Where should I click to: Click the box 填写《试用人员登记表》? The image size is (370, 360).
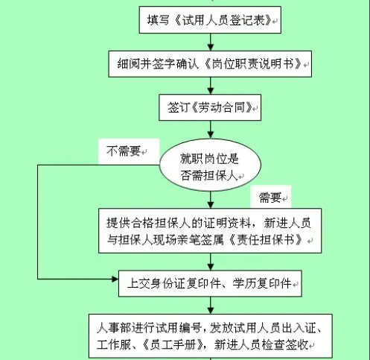(210, 20)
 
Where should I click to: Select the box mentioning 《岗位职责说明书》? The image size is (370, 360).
(210, 64)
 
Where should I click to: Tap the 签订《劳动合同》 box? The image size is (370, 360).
(210, 107)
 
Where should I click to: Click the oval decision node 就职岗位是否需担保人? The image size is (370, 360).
(210, 165)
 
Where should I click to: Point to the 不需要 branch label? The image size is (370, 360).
(124, 151)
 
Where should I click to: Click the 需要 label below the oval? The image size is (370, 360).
(270, 198)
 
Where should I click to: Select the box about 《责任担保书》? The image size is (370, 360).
(210, 231)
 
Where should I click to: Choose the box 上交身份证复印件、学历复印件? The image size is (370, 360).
(210, 283)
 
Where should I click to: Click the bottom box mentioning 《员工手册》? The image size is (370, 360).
(211, 336)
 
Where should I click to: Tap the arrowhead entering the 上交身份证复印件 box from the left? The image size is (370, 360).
(115, 279)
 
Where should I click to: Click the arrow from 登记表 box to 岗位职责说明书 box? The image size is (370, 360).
(211, 42)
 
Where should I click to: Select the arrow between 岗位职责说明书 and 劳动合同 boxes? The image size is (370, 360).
(211, 86)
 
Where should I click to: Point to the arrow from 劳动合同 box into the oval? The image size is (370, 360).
(211, 130)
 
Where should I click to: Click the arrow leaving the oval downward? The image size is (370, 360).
(211, 200)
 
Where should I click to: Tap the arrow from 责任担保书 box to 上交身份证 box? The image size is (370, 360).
(211, 262)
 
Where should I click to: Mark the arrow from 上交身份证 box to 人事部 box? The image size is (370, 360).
(211, 306)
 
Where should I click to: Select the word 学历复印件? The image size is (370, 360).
(262, 283)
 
